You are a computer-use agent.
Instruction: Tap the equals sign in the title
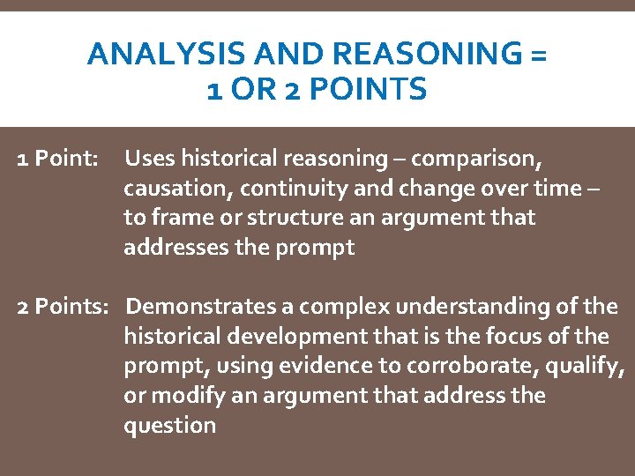click(539, 55)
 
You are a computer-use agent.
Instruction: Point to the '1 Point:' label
click(58, 159)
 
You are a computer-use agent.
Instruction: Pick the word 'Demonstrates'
click(199, 307)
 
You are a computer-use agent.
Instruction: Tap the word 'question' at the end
click(169, 426)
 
